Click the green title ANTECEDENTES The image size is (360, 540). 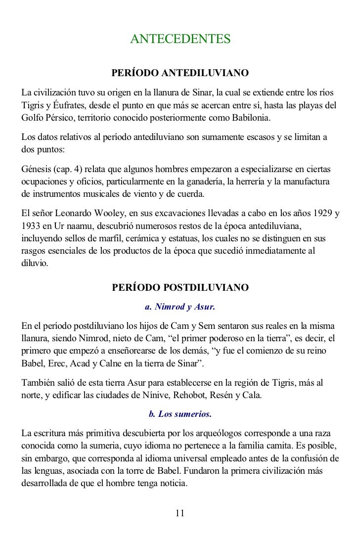point(180,39)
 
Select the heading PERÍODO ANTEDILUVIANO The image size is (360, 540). point(180,74)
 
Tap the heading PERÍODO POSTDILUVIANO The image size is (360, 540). point(180,288)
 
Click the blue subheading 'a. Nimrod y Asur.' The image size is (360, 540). point(180,307)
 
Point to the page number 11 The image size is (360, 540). point(180,513)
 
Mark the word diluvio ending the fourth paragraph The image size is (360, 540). point(34,264)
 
